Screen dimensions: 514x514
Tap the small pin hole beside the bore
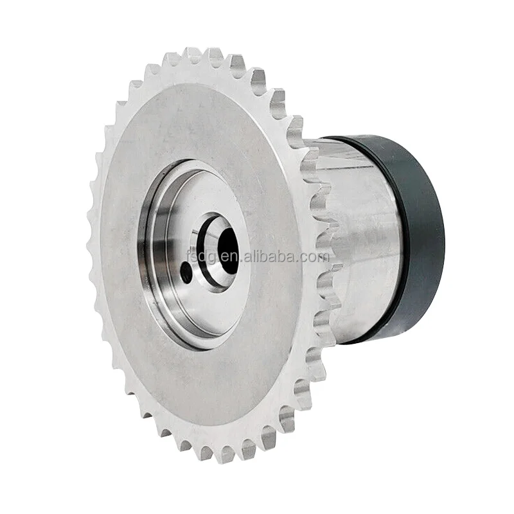186,272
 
